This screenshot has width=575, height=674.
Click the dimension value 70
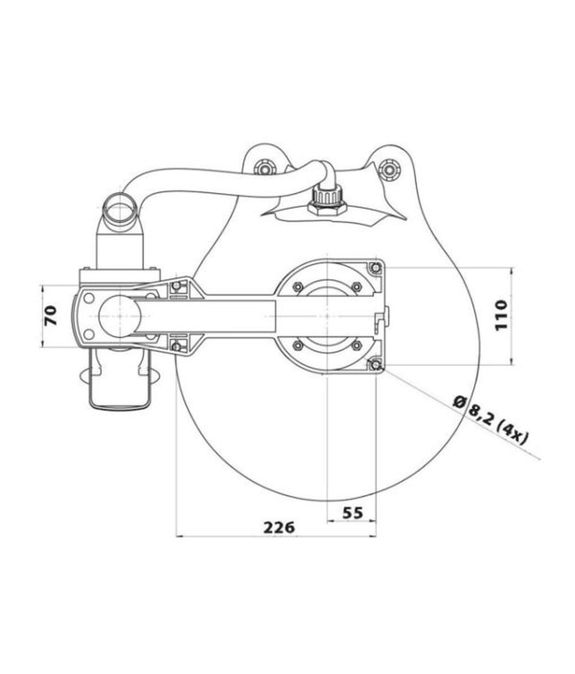pyautogui.click(x=51, y=315)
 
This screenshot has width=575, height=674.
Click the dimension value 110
pyautogui.click(x=501, y=315)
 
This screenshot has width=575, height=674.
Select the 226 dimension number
pyautogui.click(x=279, y=527)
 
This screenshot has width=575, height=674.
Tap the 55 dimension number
pyautogui.click(x=352, y=512)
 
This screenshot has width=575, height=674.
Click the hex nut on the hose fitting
pyautogui.click(x=327, y=206)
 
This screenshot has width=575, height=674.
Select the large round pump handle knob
pyautogui.click(x=118, y=315)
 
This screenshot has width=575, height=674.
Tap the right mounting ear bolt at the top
pyautogui.click(x=389, y=168)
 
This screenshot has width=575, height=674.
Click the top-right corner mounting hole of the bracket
pyautogui.click(x=376, y=268)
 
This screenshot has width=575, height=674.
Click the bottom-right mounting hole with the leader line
pyautogui.click(x=376, y=364)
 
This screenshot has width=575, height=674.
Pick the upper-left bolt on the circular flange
pyautogui.click(x=298, y=286)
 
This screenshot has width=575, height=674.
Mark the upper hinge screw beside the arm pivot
pyautogui.click(x=177, y=286)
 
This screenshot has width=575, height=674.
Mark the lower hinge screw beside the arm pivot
pyautogui.click(x=177, y=347)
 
